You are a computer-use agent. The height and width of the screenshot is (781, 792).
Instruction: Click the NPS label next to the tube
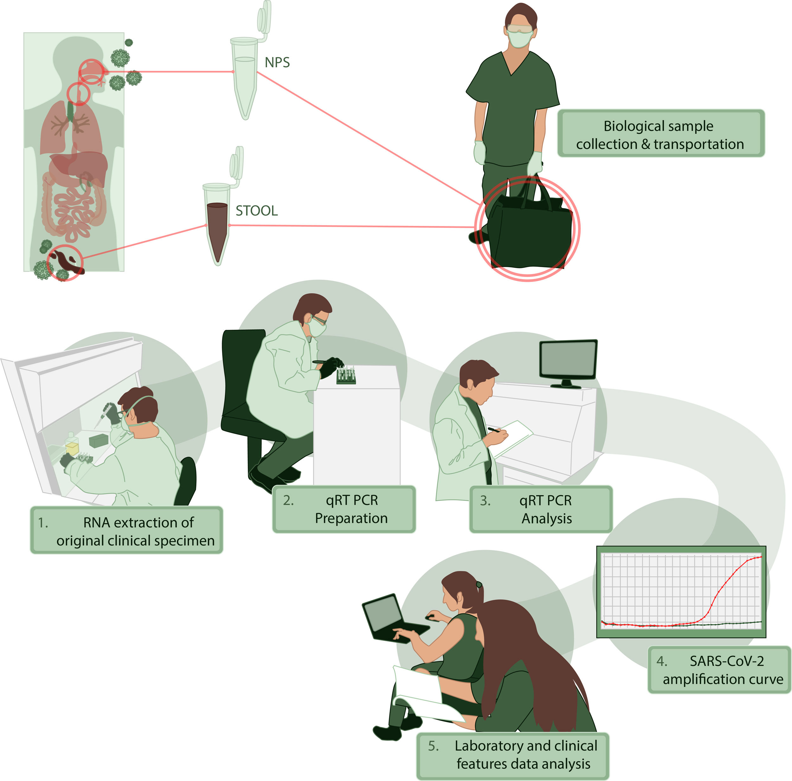coord(277,62)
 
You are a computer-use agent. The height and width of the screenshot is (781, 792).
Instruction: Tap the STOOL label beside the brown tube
coord(257,210)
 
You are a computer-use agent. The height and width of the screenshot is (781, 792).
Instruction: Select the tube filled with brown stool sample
coord(217,229)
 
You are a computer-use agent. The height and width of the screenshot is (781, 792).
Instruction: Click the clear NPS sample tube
coord(245,78)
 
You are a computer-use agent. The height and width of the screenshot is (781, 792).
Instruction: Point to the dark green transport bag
coord(531,234)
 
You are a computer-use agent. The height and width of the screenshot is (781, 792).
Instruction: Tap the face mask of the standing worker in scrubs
coord(519,39)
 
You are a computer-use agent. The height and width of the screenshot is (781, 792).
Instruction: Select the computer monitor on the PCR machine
coord(568,359)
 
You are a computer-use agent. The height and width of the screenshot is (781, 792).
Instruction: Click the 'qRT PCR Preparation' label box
coord(344,509)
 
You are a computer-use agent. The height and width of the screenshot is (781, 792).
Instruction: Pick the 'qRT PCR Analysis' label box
coord(541,509)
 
